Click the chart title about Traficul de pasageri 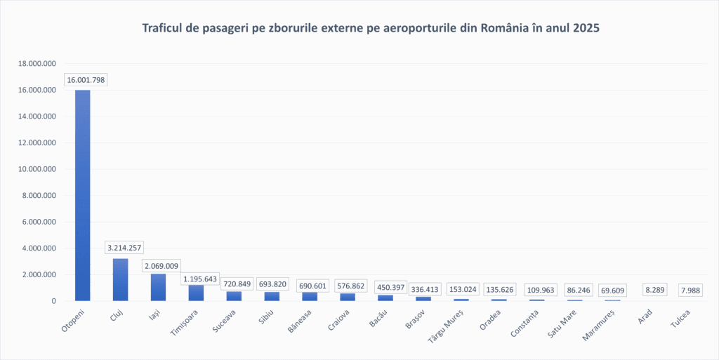tap(371, 29)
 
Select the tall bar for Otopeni tap(83, 196)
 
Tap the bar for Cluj tap(121, 279)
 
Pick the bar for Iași tap(159, 287)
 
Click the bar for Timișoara tap(196, 293)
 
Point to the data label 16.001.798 tap(86, 80)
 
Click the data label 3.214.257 tap(124, 248)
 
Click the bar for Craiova tap(348, 297)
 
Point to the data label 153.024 tap(461, 289)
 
